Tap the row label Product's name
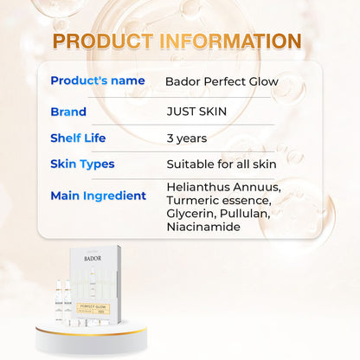(x=97, y=80)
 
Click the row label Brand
(x=68, y=112)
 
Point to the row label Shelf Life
(x=81, y=137)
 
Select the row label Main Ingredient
(x=98, y=196)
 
